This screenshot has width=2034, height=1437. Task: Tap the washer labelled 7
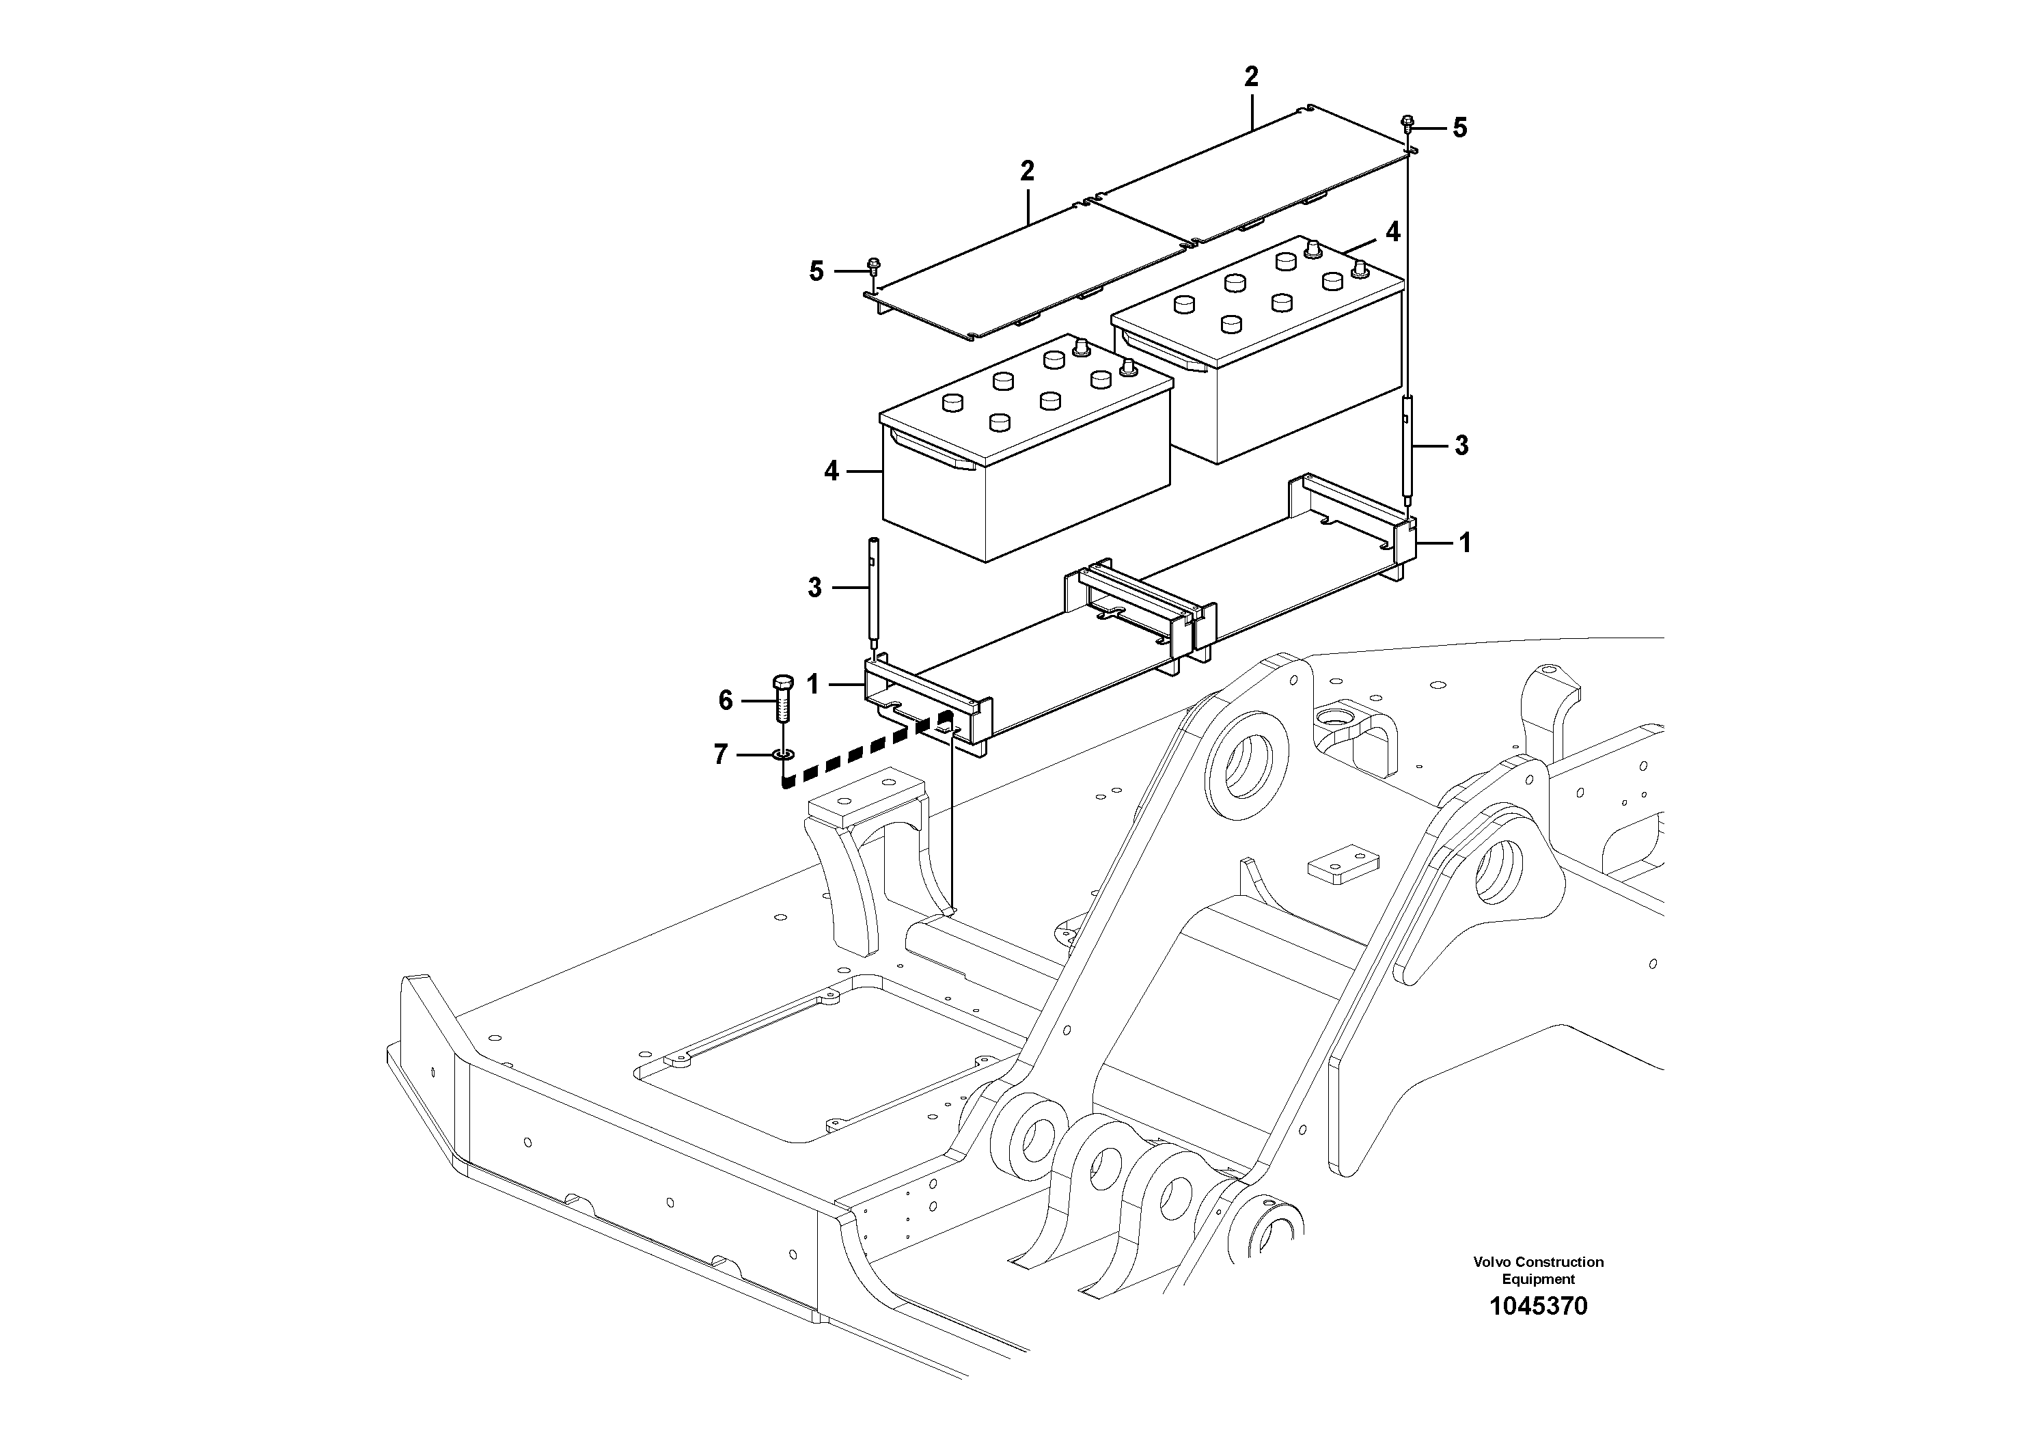click(x=783, y=755)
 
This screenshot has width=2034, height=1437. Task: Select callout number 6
click(x=726, y=701)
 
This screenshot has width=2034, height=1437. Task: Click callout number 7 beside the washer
click(x=721, y=755)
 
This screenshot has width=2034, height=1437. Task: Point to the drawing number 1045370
click(x=1538, y=1306)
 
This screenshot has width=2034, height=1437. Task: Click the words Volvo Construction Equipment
click(x=1538, y=1270)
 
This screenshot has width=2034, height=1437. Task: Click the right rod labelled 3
click(x=1409, y=452)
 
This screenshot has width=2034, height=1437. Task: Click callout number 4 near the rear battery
click(x=1392, y=232)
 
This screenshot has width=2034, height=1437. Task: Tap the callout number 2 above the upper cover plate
click(x=1251, y=77)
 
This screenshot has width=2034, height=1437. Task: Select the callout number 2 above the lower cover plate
click(x=1027, y=171)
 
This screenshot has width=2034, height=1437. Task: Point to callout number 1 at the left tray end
click(x=813, y=684)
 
